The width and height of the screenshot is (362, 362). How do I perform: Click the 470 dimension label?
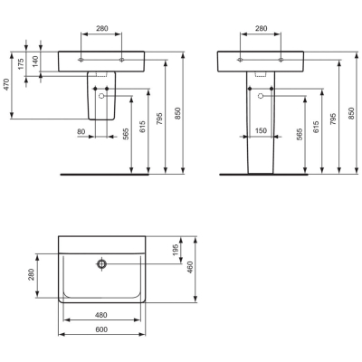6,85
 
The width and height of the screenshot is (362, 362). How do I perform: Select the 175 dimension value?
21,64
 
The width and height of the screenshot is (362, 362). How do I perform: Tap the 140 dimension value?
35,62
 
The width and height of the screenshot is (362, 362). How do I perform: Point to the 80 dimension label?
81,131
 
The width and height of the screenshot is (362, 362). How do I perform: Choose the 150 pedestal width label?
261,130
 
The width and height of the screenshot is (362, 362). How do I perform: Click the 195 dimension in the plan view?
176,249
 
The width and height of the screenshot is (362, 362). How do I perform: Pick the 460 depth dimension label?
190,267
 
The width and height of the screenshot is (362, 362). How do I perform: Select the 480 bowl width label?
101,315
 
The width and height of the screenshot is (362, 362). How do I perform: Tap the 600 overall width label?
101,329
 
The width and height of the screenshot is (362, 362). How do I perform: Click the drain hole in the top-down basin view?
102,264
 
